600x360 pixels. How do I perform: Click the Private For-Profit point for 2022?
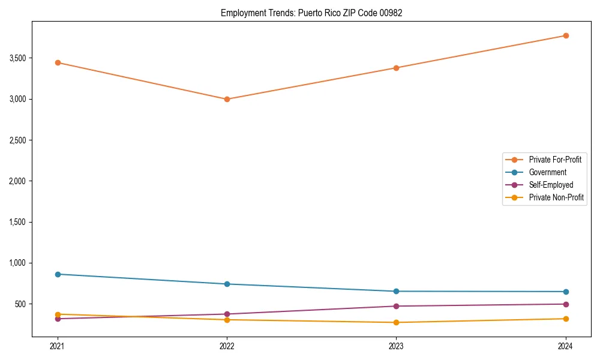coord(227,99)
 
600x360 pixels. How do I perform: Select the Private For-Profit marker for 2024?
coord(566,35)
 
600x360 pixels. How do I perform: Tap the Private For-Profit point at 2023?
coord(396,68)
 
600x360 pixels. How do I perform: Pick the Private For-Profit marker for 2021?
coord(58,62)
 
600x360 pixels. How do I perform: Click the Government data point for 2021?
coord(58,274)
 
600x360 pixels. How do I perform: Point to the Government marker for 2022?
coord(227,284)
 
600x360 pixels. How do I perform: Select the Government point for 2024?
coord(566,292)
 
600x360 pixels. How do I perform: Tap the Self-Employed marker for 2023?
coord(396,306)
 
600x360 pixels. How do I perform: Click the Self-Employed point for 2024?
coord(566,304)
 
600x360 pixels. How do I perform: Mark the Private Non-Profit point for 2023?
coord(396,322)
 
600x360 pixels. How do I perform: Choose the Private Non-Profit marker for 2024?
coord(566,319)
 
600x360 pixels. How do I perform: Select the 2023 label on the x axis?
coord(396,346)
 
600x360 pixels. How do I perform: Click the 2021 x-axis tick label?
coord(58,346)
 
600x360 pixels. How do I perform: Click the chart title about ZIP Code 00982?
coord(311,13)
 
